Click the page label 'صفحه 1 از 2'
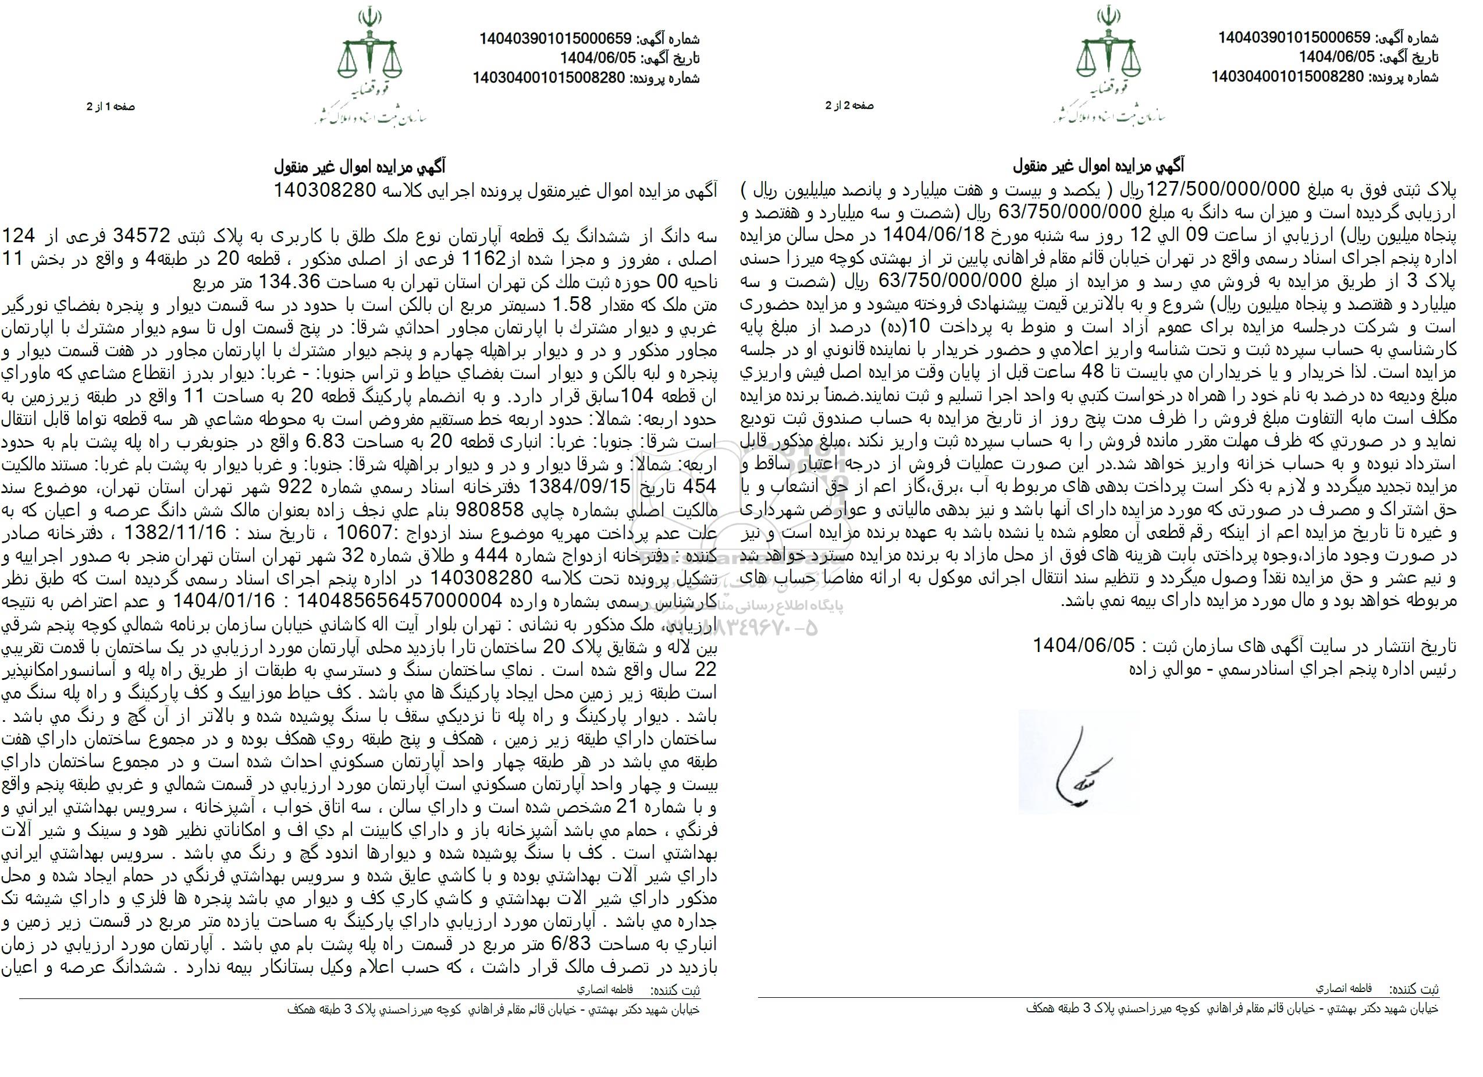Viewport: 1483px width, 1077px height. click(x=111, y=107)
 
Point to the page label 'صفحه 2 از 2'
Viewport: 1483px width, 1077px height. click(x=850, y=105)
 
